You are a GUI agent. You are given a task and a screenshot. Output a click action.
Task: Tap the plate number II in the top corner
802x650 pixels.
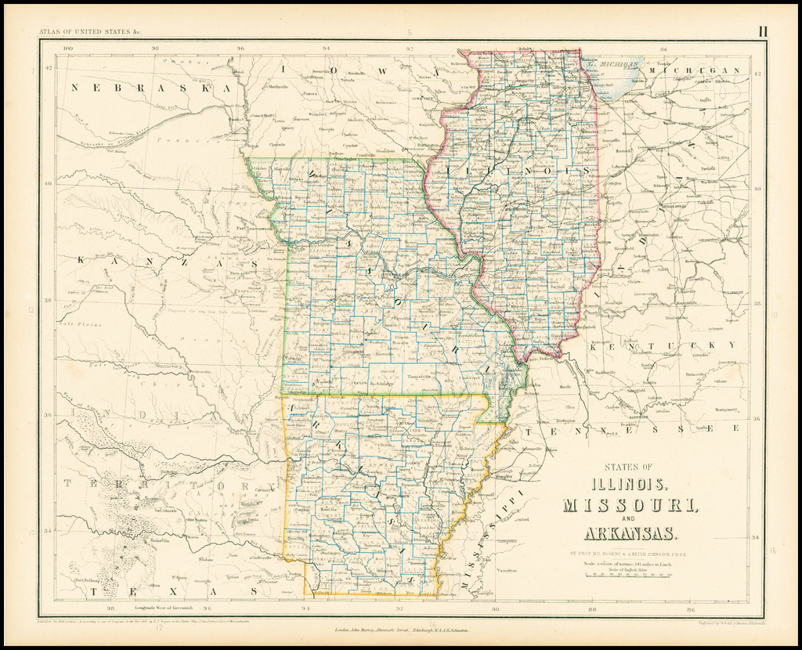click(x=762, y=31)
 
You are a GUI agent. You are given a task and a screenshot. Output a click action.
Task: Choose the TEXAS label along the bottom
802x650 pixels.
click(x=175, y=592)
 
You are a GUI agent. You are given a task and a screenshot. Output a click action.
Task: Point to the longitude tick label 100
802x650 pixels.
click(x=68, y=49)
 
